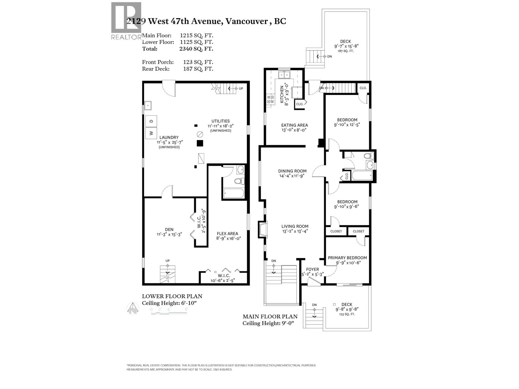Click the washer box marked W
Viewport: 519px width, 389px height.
tap(151, 132)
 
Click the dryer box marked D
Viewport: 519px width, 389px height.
tap(151, 121)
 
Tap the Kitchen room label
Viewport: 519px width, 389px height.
tap(282, 94)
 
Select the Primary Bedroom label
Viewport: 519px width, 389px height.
tap(347, 258)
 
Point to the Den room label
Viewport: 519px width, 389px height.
tap(169, 229)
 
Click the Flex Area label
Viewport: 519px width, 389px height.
tap(227, 233)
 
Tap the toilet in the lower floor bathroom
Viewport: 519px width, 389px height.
tap(239, 181)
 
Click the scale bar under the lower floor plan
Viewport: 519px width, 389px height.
tap(169, 310)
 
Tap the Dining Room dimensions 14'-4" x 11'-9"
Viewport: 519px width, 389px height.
tap(292, 176)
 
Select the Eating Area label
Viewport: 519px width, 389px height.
tap(295, 125)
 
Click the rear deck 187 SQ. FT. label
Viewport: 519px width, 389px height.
tap(345, 51)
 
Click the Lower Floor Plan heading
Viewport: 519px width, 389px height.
tap(172, 296)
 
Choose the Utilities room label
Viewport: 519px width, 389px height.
tap(221, 121)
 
